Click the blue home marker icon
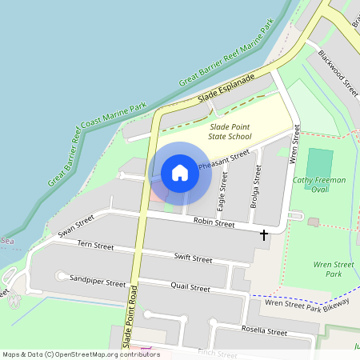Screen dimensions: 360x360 click(x=180, y=173)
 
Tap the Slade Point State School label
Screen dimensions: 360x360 click(x=230, y=132)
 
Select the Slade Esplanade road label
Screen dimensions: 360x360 click(x=226, y=90)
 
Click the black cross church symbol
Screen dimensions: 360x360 click(x=264, y=235)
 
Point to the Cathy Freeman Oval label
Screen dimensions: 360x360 click(x=319, y=185)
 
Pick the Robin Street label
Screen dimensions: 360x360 click(x=214, y=224)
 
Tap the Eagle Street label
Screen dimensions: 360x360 click(x=223, y=191)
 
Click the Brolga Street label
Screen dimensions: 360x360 click(x=255, y=189)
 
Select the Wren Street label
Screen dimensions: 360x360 click(x=294, y=145)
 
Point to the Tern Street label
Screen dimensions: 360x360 click(x=95, y=244)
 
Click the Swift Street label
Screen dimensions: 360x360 click(x=193, y=258)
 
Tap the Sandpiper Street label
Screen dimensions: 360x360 click(x=98, y=282)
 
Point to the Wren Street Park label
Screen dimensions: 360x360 click(x=334, y=268)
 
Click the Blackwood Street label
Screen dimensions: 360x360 click(x=338, y=74)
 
